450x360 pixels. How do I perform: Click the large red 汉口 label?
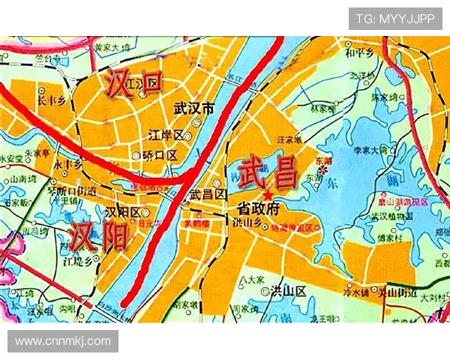[133, 83]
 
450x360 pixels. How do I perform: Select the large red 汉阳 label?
[98, 235]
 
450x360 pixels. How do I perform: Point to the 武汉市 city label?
[193, 109]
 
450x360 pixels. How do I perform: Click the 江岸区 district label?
[166, 136]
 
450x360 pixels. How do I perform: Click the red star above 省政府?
[268, 193]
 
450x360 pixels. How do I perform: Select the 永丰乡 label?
[67, 163]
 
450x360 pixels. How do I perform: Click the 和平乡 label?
[358, 53]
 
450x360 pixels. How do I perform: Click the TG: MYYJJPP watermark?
[395, 19]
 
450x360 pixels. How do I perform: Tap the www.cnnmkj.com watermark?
[63, 341]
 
